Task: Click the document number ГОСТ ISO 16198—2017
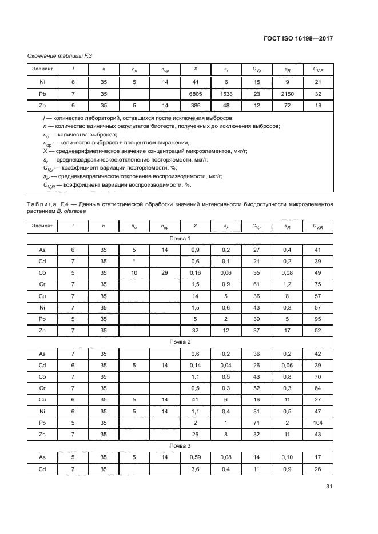299,38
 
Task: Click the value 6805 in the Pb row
196,94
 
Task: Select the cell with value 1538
226,94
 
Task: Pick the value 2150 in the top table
287,94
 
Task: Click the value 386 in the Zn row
196,106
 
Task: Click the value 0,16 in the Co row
196,274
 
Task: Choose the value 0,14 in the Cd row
196,365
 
